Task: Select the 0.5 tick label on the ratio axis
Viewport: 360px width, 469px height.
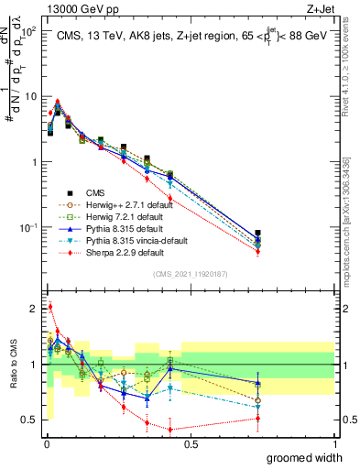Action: coord(27,420)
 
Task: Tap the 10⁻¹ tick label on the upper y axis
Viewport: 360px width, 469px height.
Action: coord(27,227)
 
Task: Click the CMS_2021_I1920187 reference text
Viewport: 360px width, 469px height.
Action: coord(190,273)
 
